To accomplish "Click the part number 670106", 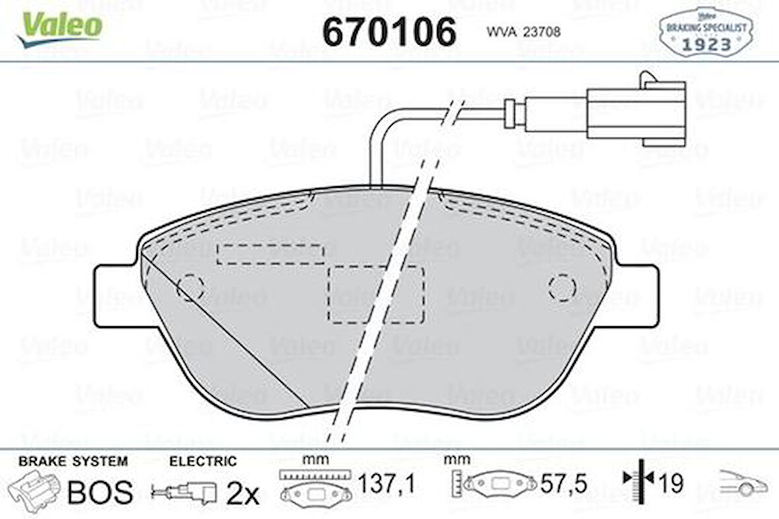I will click(x=389, y=31).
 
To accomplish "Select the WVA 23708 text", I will click(x=523, y=31).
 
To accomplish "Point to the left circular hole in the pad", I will click(x=190, y=287).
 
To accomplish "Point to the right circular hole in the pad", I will click(x=562, y=287).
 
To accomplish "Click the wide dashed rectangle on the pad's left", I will click(x=270, y=254).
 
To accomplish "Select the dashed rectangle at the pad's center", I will click(x=376, y=294).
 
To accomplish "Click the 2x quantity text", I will click(x=242, y=492).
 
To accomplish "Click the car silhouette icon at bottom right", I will click(x=743, y=484).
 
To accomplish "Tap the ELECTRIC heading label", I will click(x=202, y=462).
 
